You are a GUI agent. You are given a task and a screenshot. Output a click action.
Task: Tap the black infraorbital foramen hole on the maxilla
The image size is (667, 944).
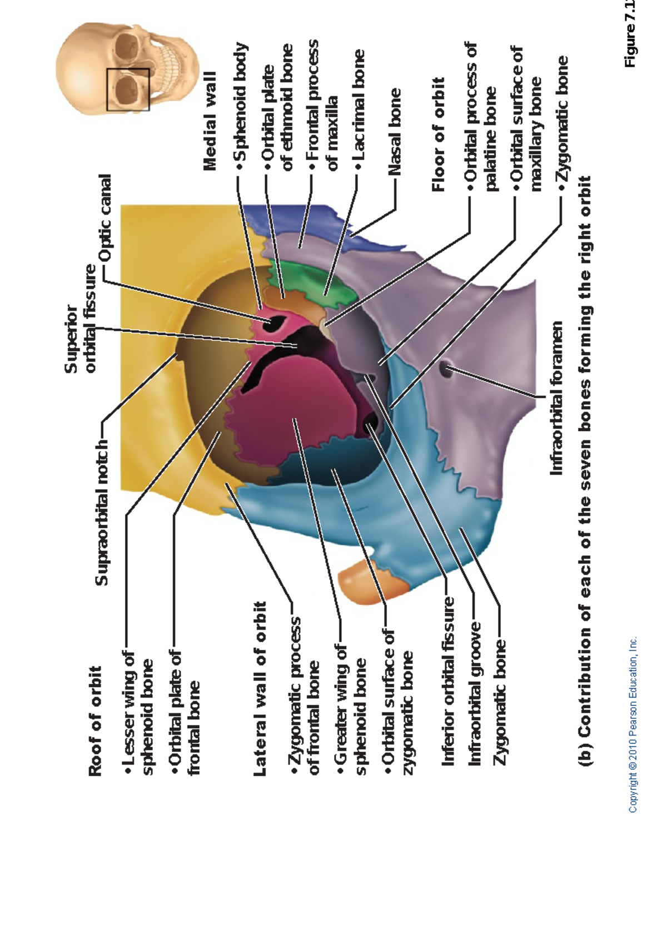pyautogui.click(x=446, y=368)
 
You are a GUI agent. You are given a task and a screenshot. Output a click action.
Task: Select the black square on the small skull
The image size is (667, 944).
pyautogui.click(x=128, y=89)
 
